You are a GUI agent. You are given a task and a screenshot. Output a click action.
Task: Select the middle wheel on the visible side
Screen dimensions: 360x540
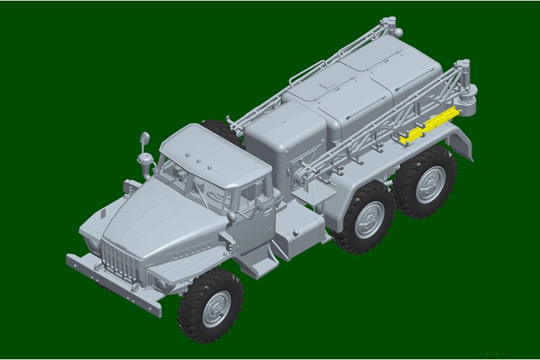tap(369, 220)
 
